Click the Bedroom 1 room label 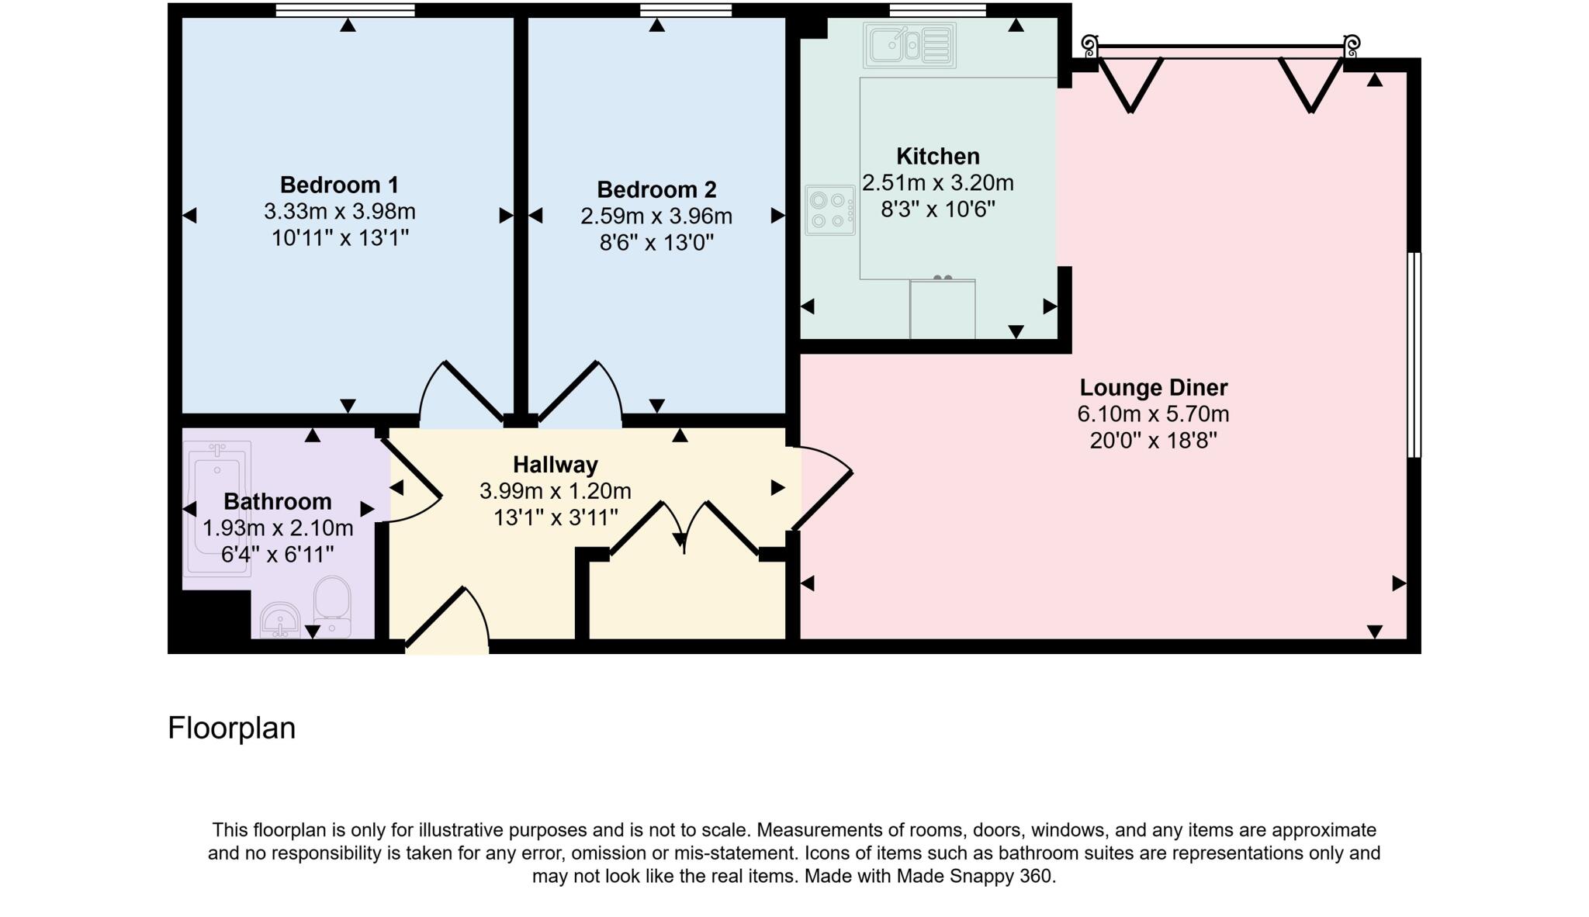point(339,185)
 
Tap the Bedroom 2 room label point(656,190)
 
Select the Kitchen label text point(937,157)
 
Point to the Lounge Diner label point(1153,388)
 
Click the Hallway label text point(556,465)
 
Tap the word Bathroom point(278,502)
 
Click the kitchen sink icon point(909,45)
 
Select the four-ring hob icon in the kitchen point(829,210)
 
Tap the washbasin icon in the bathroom point(279,620)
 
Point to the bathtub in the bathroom point(218,509)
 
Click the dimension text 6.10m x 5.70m point(1153,414)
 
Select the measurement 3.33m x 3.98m point(339,212)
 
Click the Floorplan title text point(231,728)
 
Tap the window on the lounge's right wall point(1414,355)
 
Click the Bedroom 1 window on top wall point(345,10)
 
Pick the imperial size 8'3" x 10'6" point(937,209)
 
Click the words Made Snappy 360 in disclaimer point(975,877)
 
